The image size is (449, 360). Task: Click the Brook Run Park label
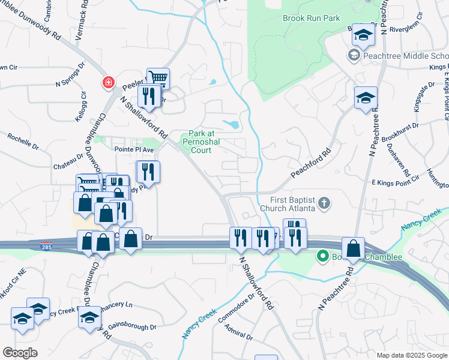[311, 18]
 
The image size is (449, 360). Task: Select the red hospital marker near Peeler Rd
[109, 83]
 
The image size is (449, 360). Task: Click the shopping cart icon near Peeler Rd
[158, 78]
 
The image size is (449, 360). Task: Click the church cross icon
[324, 203]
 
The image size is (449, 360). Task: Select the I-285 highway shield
[46, 246]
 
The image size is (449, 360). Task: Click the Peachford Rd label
[312, 163]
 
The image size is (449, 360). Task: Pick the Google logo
[20, 352]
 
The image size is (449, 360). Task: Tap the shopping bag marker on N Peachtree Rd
[354, 248]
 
